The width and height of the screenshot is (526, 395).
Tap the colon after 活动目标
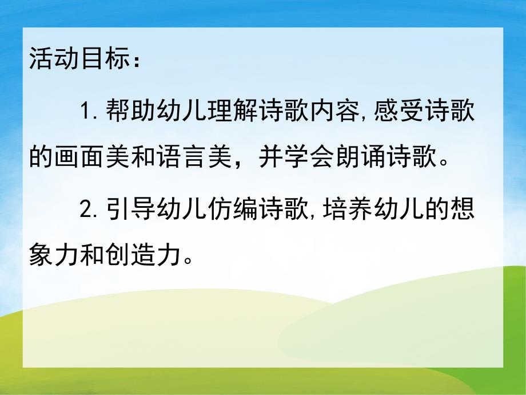pyautogui.click(x=136, y=61)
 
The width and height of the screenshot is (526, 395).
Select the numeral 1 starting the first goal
pyautogui.click(x=85, y=111)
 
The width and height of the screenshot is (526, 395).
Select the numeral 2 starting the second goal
pyautogui.click(x=86, y=211)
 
